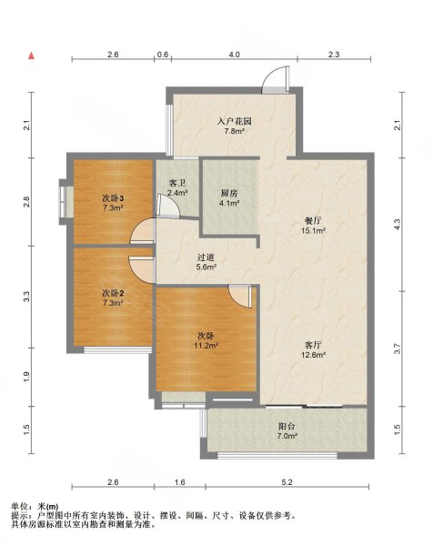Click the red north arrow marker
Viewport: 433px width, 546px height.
pos(31,56)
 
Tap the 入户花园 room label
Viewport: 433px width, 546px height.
pos(235,122)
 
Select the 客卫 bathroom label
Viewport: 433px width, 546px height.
pos(177,183)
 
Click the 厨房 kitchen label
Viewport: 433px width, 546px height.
pos(229,193)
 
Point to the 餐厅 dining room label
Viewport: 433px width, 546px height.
pos(313,221)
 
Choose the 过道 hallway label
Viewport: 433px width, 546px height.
pos(206,258)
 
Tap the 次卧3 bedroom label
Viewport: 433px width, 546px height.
pos(113,198)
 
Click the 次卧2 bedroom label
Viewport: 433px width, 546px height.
pos(113,293)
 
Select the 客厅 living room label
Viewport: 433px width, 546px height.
pos(313,345)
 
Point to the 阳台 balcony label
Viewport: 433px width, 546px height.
pos(287,426)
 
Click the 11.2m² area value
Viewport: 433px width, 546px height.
pos(206,346)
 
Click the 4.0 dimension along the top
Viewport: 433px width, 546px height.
pos(235,55)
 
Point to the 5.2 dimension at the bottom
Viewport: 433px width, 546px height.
pos(287,482)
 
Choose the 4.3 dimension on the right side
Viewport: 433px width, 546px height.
pos(398,224)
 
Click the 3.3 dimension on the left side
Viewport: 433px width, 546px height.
pos(26,297)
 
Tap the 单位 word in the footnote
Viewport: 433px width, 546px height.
pos(19,507)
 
